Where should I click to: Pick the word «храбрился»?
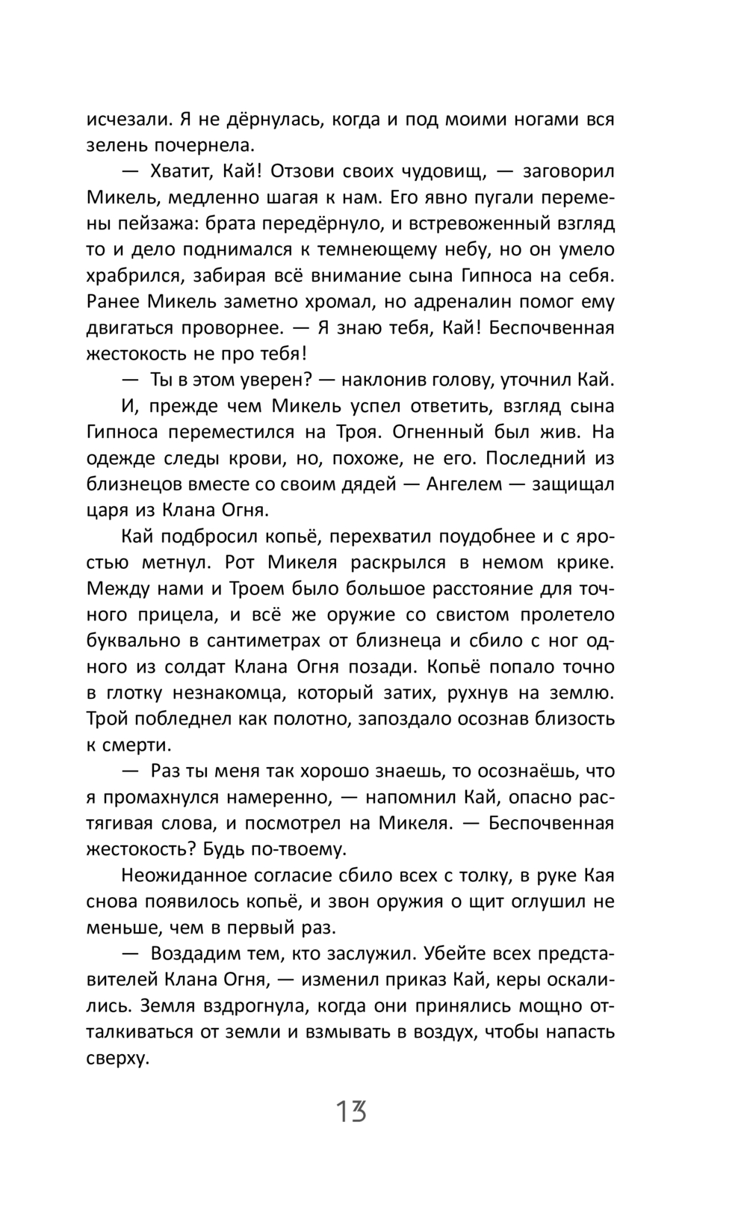[x=133, y=276]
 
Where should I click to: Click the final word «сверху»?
[x=119, y=1058]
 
